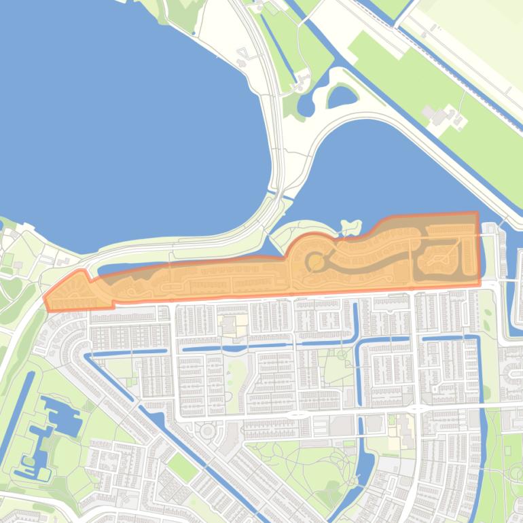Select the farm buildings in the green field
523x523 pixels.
tap(440, 115)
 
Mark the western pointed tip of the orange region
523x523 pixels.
tap(46, 298)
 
